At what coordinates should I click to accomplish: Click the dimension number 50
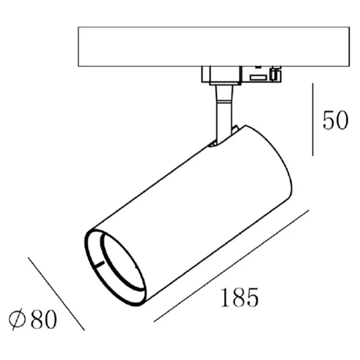click(x=335, y=120)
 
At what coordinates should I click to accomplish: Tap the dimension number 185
click(x=240, y=297)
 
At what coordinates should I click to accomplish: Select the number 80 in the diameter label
click(x=44, y=319)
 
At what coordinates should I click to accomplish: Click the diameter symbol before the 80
click(x=17, y=319)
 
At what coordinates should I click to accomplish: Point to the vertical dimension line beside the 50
click(x=313, y=120)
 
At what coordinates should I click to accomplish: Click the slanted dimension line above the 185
click(x=231, y=266)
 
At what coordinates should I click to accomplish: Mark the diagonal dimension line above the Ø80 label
click(x=56, y=294)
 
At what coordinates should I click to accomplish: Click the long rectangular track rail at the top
click(x=214, y=46)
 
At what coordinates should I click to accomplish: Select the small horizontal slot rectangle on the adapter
click(x=258, y=77)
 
